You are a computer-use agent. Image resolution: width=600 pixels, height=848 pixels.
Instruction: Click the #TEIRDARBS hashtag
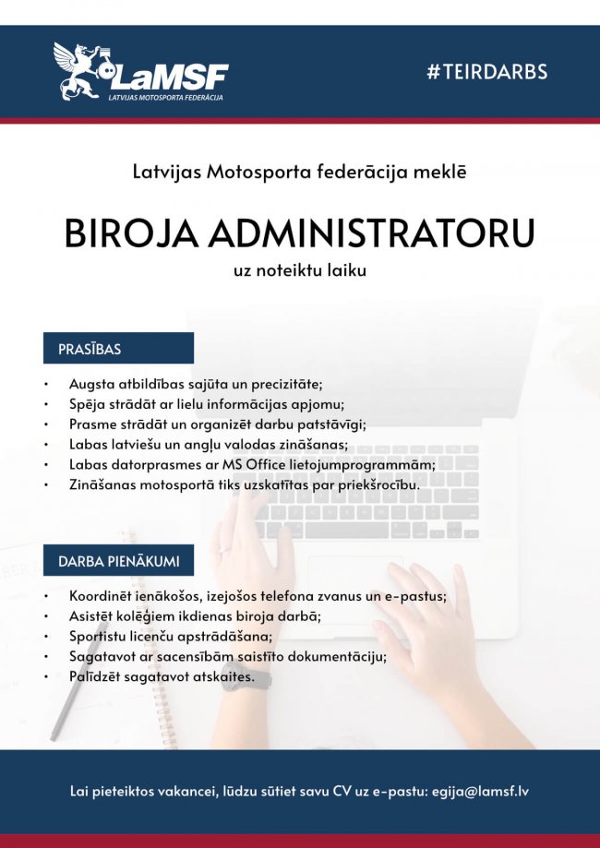(487, 72)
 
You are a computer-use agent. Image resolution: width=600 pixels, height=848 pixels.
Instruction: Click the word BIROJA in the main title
(132, 233)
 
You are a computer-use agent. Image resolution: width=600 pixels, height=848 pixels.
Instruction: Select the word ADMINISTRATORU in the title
(371, 233)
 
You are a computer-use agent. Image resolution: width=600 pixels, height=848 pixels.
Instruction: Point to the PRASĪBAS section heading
(90, 350)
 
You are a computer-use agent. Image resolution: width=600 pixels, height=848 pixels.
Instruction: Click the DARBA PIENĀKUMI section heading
(119, 561)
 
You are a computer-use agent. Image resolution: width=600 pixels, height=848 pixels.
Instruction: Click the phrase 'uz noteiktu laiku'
(300, 271)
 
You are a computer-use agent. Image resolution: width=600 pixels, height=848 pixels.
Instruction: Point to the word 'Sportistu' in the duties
(98, 637)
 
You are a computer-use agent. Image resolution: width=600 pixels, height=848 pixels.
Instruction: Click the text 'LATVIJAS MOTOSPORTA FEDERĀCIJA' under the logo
(165, 96)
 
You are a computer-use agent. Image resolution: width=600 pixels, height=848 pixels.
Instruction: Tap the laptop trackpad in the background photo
(351, 591)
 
